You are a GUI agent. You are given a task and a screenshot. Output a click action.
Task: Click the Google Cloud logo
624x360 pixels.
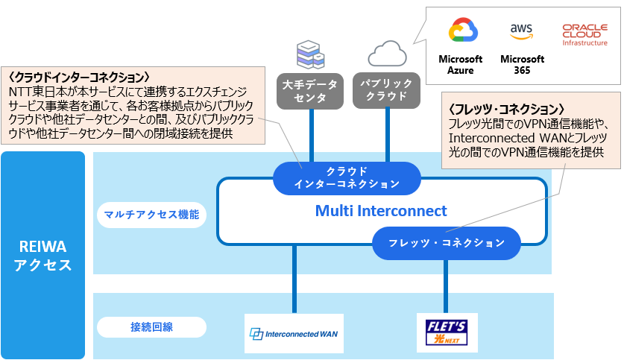[462, 32]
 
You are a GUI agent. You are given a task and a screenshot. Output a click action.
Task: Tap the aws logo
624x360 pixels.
[521, 31]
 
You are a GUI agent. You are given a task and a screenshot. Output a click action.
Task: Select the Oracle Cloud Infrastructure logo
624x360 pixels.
[585, 34]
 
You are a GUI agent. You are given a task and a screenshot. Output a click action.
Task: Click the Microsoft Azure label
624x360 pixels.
[461, 65]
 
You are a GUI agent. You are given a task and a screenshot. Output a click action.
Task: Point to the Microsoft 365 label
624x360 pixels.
[522, 65]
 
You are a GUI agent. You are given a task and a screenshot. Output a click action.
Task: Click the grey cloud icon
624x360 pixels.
[387, 53]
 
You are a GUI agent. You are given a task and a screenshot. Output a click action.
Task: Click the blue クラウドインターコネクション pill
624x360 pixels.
[347, 177]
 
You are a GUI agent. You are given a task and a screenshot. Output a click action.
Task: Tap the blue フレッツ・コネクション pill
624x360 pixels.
[447, 243]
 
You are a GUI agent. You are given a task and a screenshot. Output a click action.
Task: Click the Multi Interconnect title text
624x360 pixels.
[381, 211]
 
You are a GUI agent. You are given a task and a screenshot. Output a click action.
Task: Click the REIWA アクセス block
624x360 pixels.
[43, 254]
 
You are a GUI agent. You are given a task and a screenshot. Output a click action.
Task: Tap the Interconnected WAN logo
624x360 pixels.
[294, 334]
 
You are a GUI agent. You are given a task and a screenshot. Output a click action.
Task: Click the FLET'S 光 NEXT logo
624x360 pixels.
[447, 332]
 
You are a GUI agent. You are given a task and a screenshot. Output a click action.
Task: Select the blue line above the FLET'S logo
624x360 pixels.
[446, 286]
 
